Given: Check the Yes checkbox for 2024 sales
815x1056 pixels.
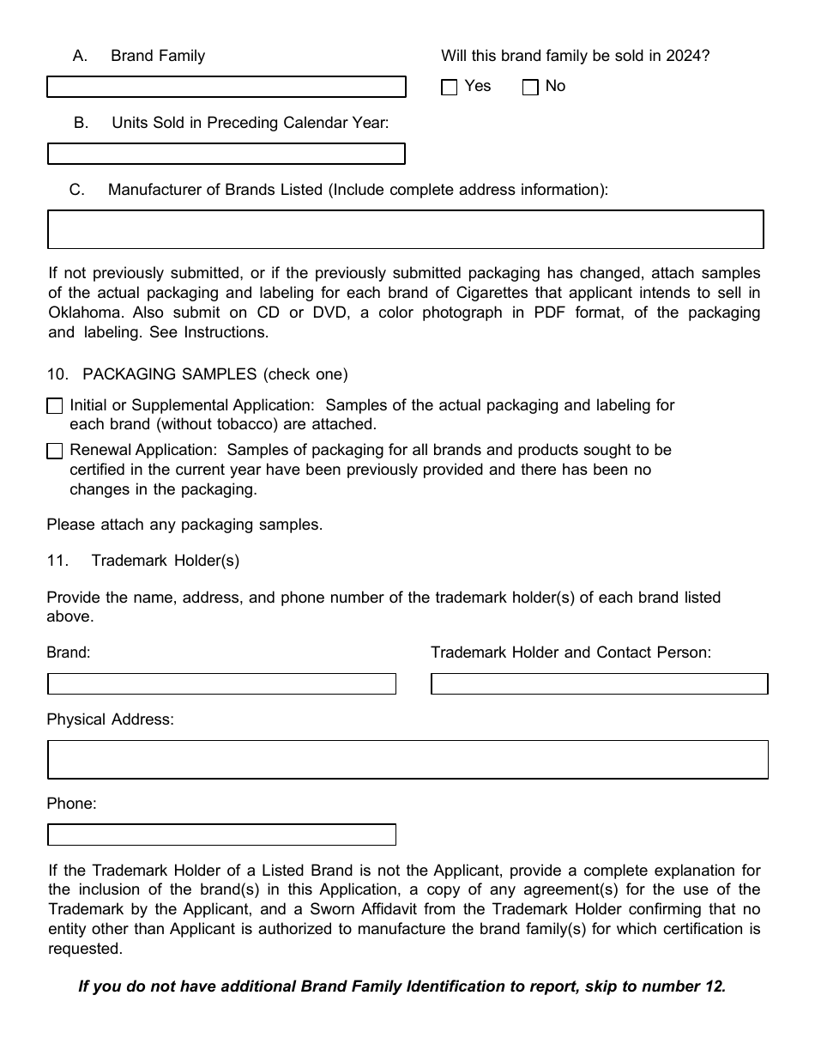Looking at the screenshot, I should click(x=450, y=88).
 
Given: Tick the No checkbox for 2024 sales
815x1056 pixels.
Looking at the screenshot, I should click(x=530, y=88).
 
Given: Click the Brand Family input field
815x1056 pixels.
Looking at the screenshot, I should click(x=226, y=87).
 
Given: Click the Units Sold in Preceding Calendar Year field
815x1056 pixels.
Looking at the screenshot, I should click(x=226, y=154).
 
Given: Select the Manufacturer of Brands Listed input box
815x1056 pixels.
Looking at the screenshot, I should click(x=405, y=229).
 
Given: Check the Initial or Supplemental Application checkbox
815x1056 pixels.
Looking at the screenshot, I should click(x=55, y=406).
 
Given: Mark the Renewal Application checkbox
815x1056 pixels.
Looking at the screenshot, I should click(x=55, y=451).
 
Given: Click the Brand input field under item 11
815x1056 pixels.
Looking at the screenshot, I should click(x=221, y=683).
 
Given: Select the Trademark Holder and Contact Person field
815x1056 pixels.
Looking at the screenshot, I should click(x=599, y=683).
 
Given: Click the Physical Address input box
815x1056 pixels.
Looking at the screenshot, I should click(x=407, y=759).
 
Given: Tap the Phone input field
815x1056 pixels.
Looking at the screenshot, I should click(x=221, y=834).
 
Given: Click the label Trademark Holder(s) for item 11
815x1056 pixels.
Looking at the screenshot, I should click(x=165, y=561).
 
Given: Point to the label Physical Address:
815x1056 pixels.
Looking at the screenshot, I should click(x=110, y=719).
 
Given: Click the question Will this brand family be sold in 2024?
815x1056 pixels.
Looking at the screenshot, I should click(x=575, y=56).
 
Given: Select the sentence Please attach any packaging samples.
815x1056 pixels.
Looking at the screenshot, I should click(x=184, y=525).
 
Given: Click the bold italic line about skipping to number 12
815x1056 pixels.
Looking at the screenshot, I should click(x=401, y=986).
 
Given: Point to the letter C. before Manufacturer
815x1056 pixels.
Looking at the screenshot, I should click(x=77, y=190).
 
